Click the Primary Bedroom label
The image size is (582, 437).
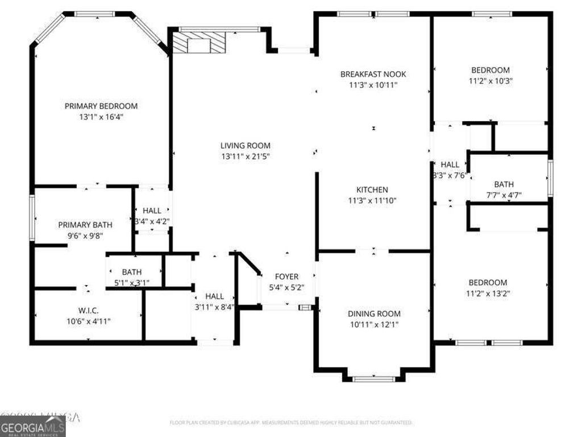click(x=101, y=106)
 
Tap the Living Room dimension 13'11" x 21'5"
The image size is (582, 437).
click(x=246, y=156)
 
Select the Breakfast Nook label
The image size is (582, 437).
click(x=373, y=74)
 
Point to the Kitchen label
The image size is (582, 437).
click(x=372, y=189)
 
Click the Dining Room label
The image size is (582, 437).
click(x=374, y=314)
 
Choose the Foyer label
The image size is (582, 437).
click(x=287, y=277)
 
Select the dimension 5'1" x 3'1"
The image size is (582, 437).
click(x=132, y=282)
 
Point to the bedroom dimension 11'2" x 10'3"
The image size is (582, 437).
click(x=490, y=81)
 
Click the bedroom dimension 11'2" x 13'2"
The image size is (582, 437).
click(x=488, y=294)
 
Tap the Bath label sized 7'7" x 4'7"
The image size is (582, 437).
click(x=504, y=184)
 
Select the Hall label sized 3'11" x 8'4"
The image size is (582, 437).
click(x=214, y=296)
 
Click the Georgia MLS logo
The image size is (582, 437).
click(x=32, y=427)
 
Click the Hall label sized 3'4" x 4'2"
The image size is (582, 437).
click(x=152, y=211)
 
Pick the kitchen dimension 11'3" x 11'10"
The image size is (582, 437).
click(x=372, y=200)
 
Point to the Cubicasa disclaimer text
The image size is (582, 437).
click(x=291, y=423)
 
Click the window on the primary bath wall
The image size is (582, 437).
click(x=32, y=218)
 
